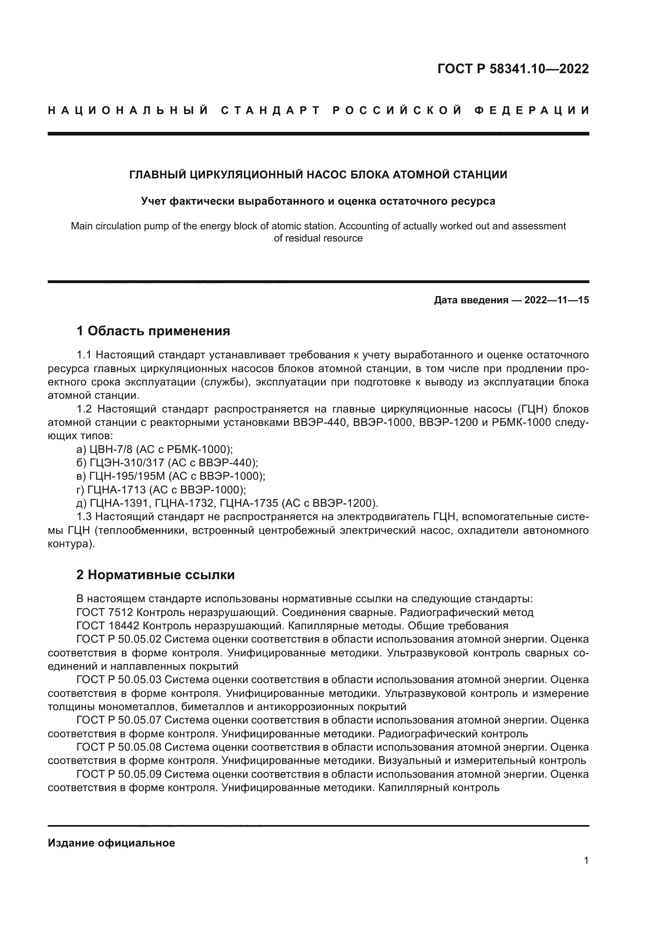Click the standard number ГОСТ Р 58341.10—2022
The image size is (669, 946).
click(x=513, y=69)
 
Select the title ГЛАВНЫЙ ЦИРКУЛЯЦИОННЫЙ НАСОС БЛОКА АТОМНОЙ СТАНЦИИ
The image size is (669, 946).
click(x=318, y=175)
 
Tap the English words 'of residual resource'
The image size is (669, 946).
click(x=318, y=238)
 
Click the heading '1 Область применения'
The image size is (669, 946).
click(x=153, y=331)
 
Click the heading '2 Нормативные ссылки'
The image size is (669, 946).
click(x=155, y=575)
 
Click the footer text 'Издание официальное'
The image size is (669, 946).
click(x=111, y=843)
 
